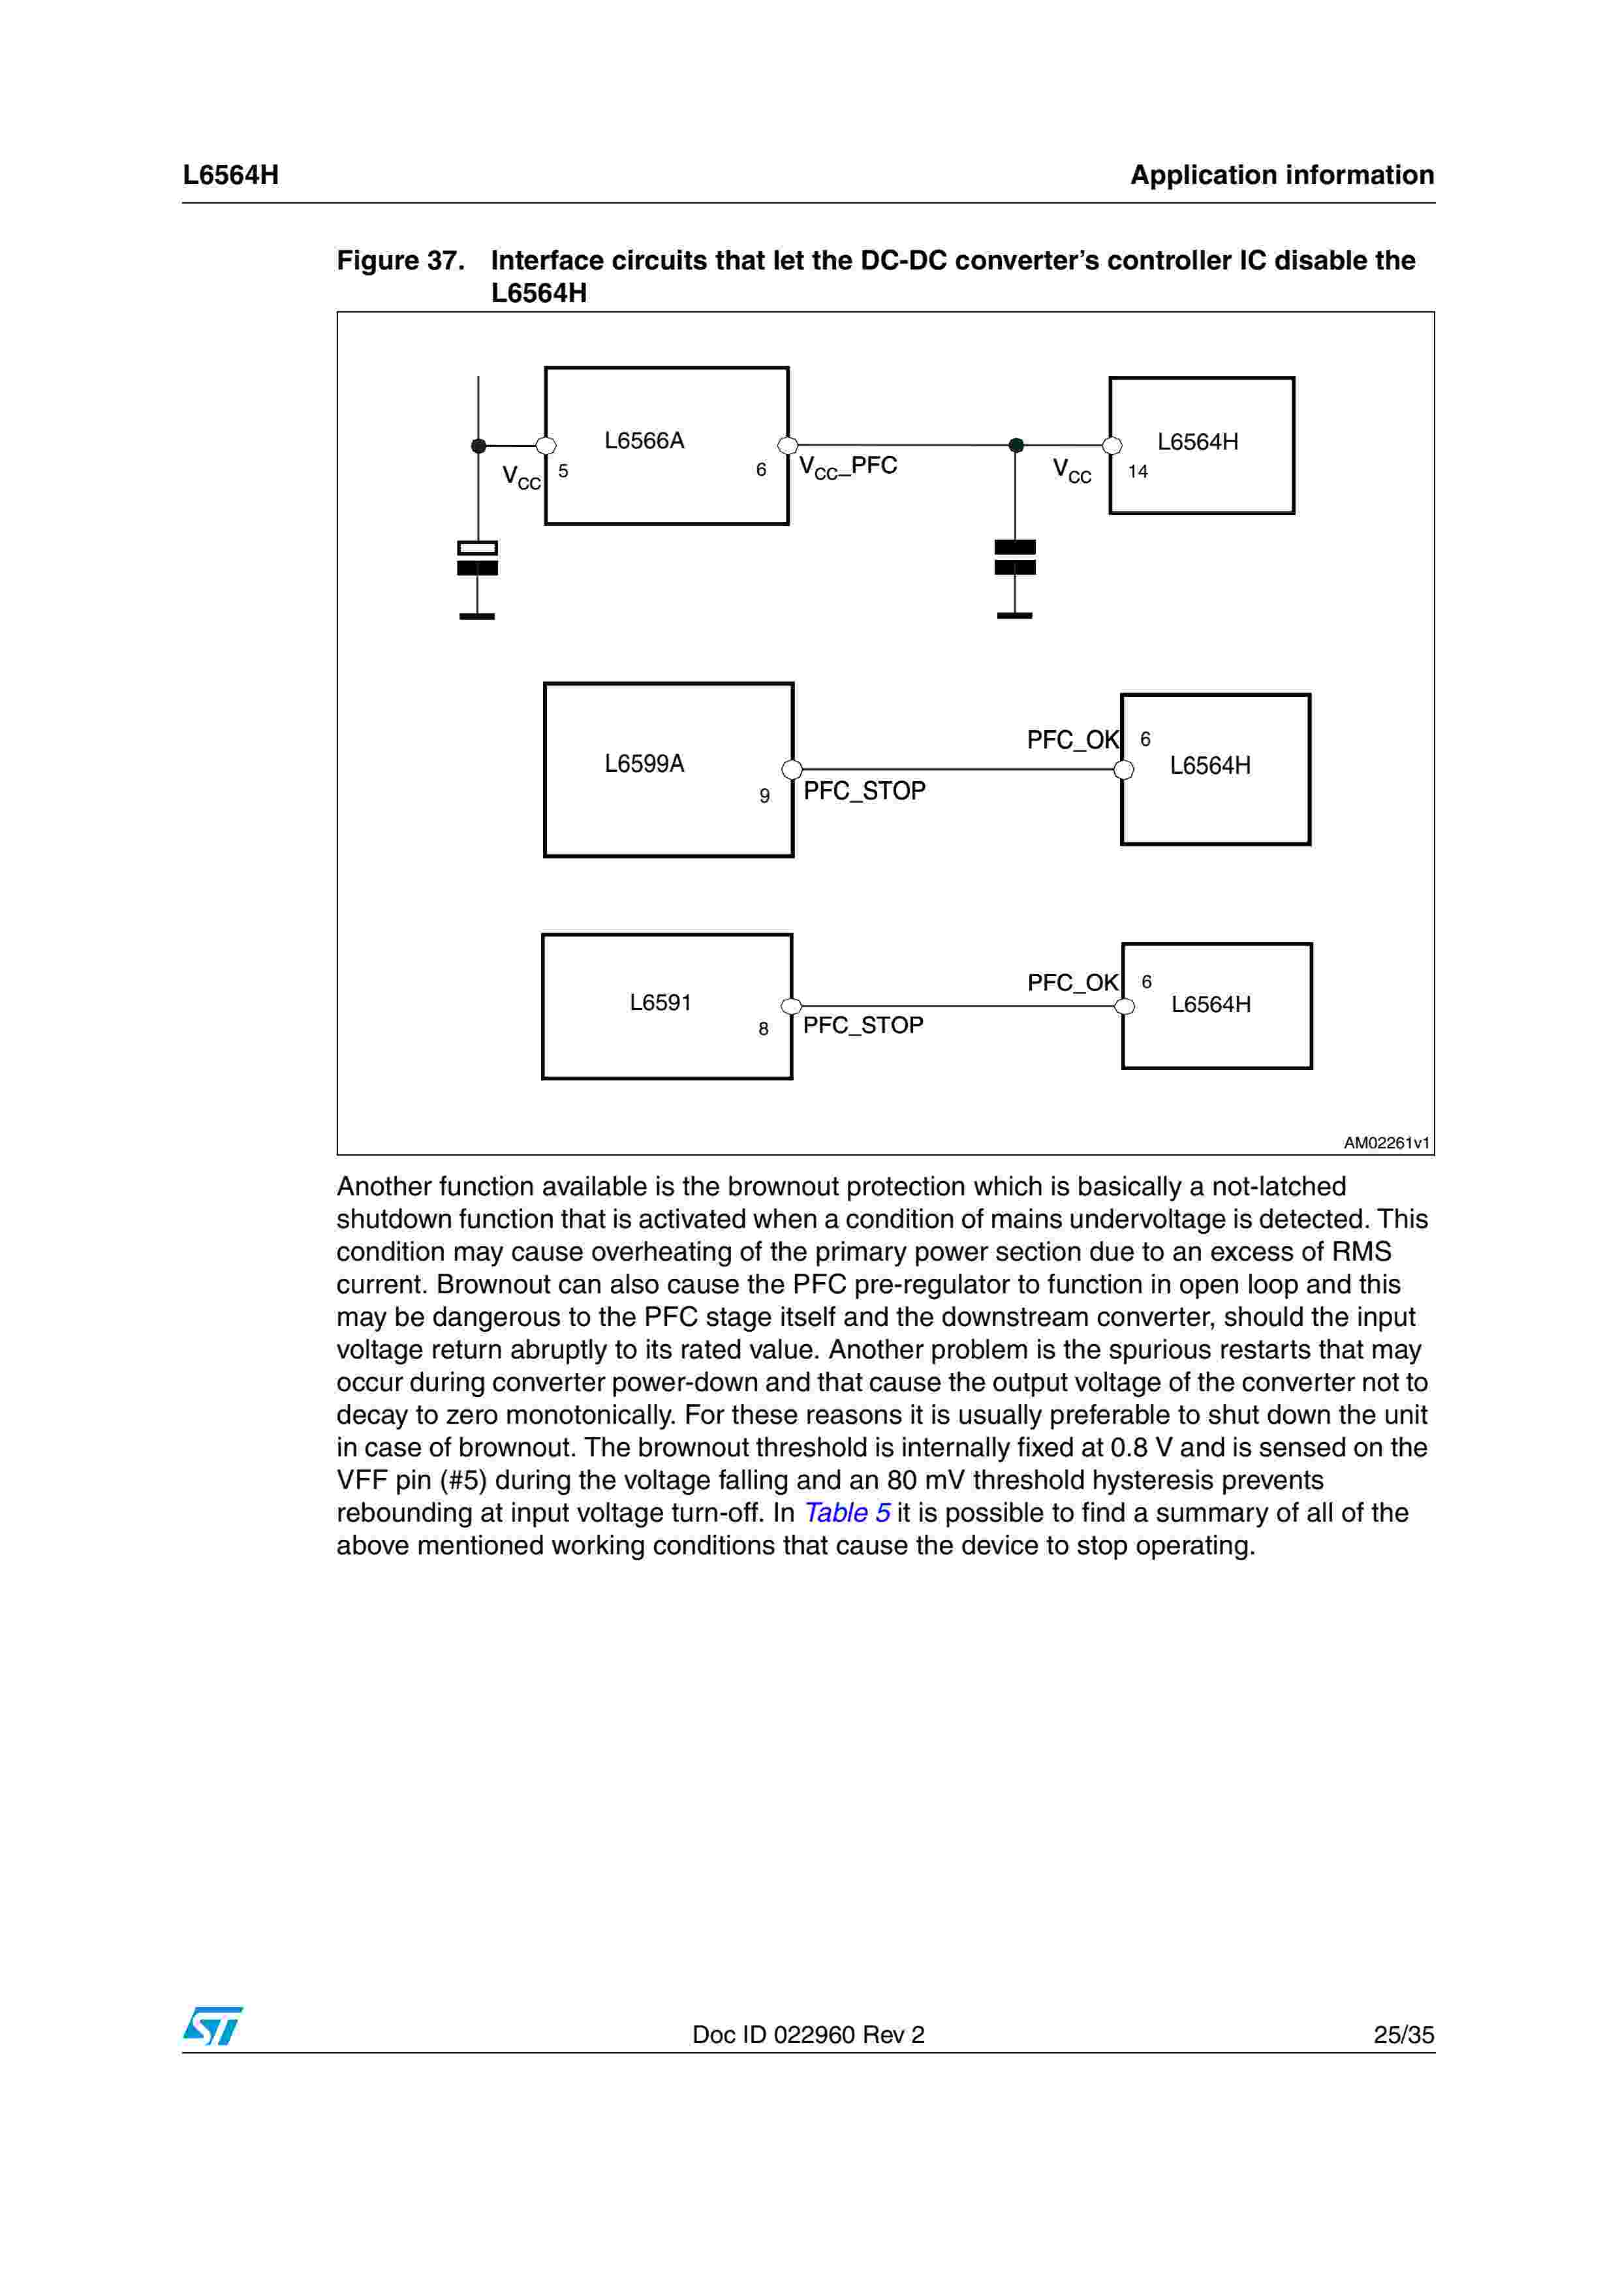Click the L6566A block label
644,440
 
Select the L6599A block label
644,763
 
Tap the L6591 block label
660,1002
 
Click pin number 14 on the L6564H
1138,472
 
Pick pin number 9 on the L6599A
765,795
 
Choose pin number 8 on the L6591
764,1029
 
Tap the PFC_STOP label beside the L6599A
864,791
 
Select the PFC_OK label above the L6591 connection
1073,983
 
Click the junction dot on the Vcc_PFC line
1016,446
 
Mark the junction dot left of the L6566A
478,446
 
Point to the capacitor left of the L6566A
478,559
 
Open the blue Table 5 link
847,1513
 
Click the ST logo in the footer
212,2026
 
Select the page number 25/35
1403,2035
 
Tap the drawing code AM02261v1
1386,1143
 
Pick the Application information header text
1282,176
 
